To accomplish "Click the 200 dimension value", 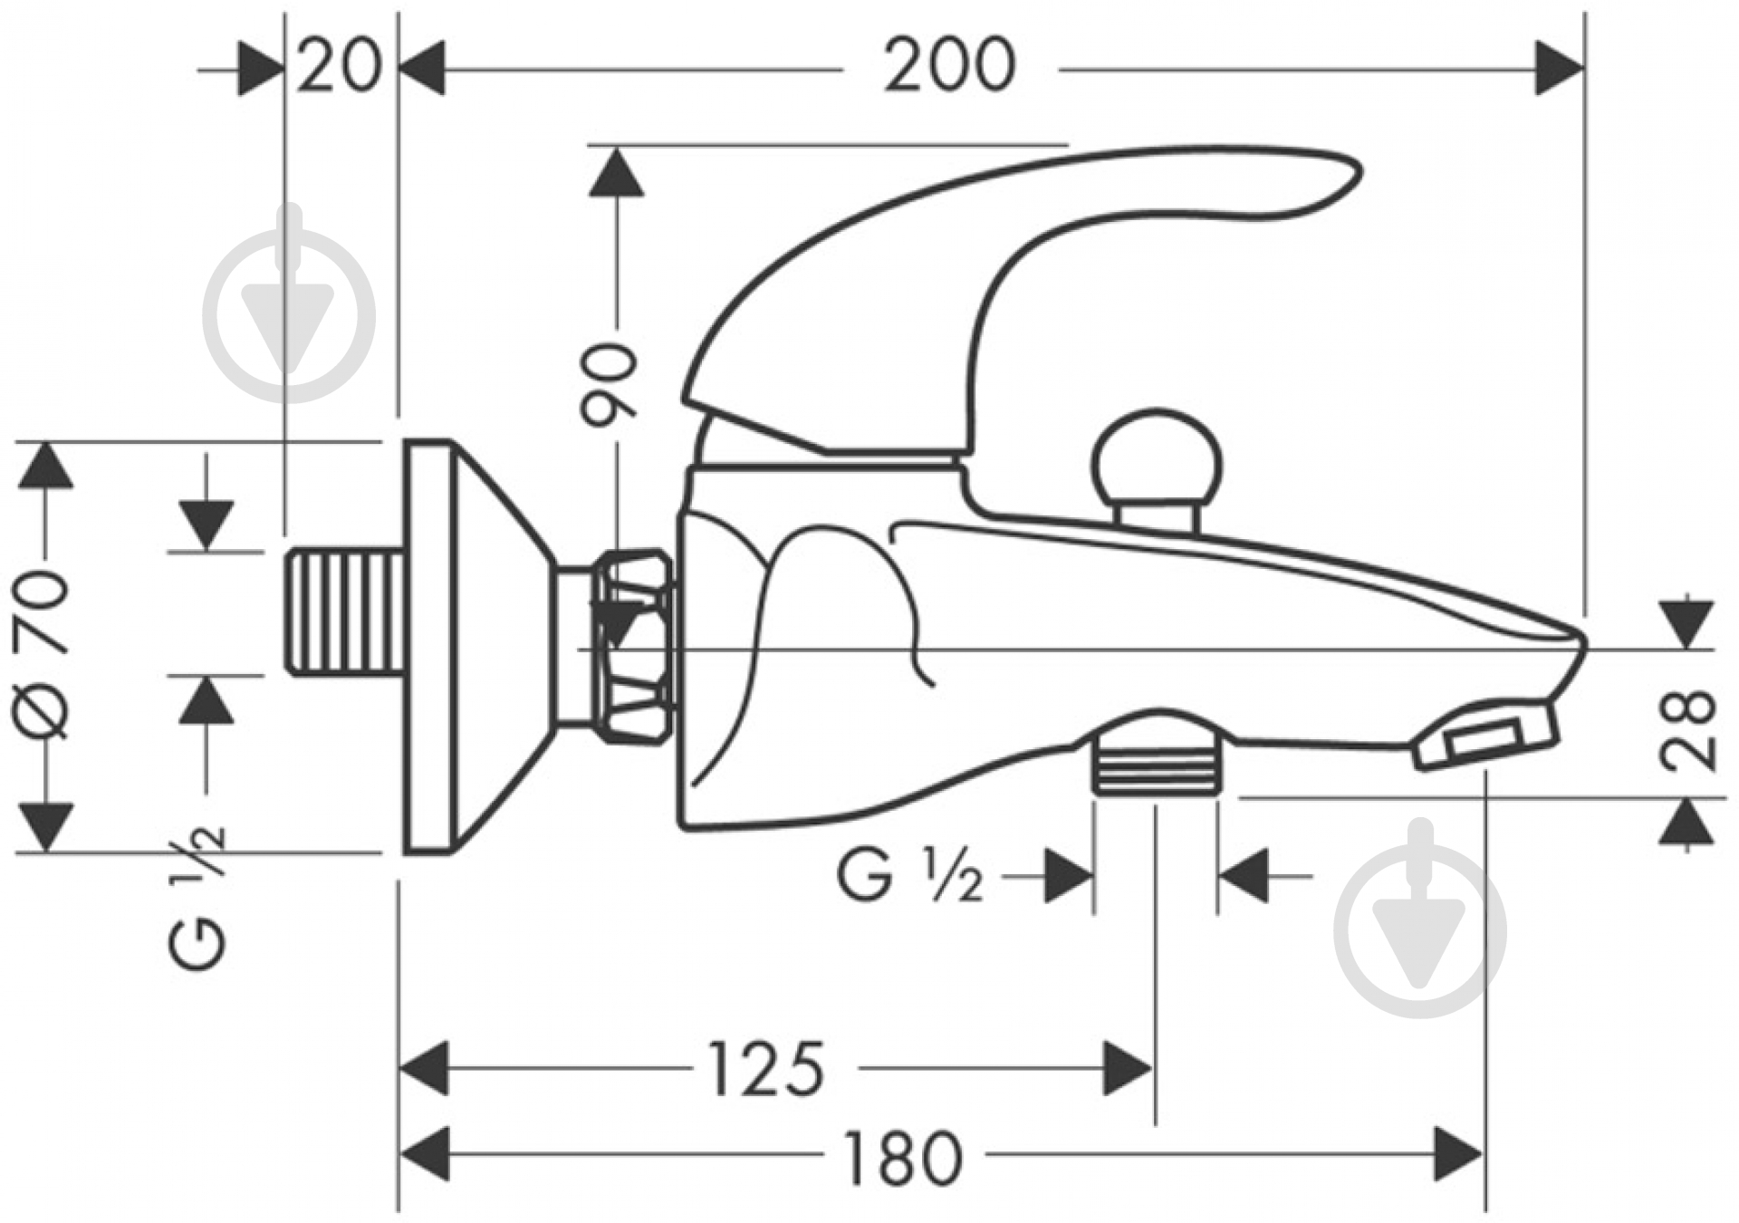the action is (x=949, y=65).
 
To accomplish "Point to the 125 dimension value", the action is (x=765, y=1069).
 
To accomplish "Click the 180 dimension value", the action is (x=903, y=1157).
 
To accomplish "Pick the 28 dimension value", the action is (x=1688, y=730).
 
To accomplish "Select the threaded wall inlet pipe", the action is (x=345, y=611).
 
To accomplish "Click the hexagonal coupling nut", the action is (x=634, y=648).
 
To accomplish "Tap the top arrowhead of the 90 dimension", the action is (x=616, y=172).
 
